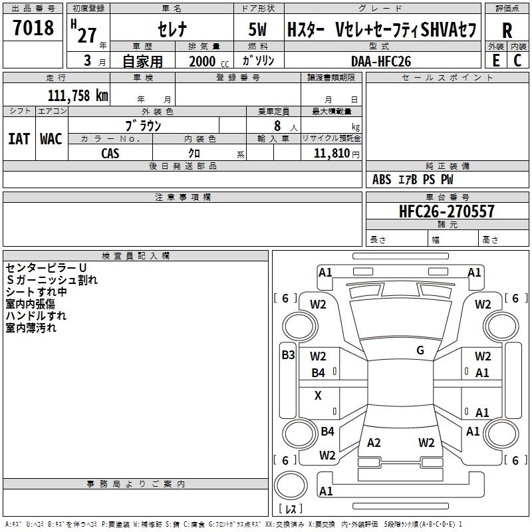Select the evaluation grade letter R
click(507, 31)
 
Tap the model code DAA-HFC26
click(381, 61)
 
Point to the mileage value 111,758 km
click(77, 95)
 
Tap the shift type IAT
click(19, 139)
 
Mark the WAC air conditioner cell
click(51, 139)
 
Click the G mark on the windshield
click(420, 350)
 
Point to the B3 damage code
click(288, 355)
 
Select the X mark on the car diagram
click(318, 396)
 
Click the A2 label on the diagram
click(374, 443)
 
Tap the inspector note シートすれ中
click(36, 292)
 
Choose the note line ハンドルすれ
click(36, 315)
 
